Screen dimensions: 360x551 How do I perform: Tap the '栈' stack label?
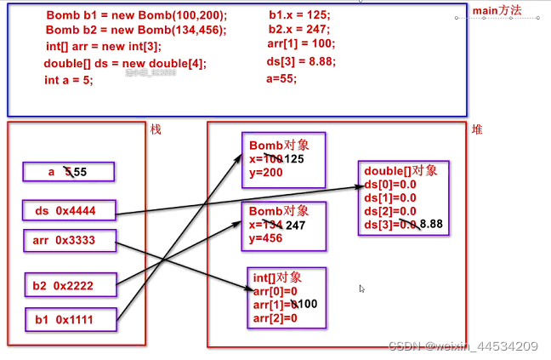click(156, 129)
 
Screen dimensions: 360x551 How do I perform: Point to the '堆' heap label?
click(477, 129)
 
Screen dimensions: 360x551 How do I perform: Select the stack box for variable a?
click(68, 172)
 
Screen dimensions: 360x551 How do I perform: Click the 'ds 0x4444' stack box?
click(68, 210)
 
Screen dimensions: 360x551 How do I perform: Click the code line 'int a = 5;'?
click(68, 80)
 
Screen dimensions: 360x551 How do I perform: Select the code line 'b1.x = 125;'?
click(298, 14)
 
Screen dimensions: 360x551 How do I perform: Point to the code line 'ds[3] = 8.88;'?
click(303, 60)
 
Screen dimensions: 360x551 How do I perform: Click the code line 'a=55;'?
click(281, 78)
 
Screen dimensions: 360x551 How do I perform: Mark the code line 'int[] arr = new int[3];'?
click(103, 46)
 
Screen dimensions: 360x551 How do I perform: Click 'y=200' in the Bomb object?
click(265, 173)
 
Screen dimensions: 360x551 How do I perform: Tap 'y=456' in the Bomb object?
click(265, 238)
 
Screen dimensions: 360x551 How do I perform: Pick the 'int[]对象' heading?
click(278, 277)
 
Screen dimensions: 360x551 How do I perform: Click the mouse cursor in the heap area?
click(362, 289)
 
